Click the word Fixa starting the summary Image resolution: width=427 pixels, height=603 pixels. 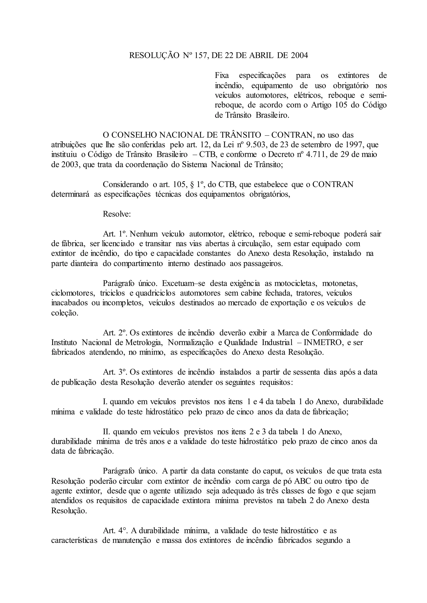point(222,76)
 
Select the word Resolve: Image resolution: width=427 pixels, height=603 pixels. point(117,214)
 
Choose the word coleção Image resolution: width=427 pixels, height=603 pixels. point(65,313)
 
